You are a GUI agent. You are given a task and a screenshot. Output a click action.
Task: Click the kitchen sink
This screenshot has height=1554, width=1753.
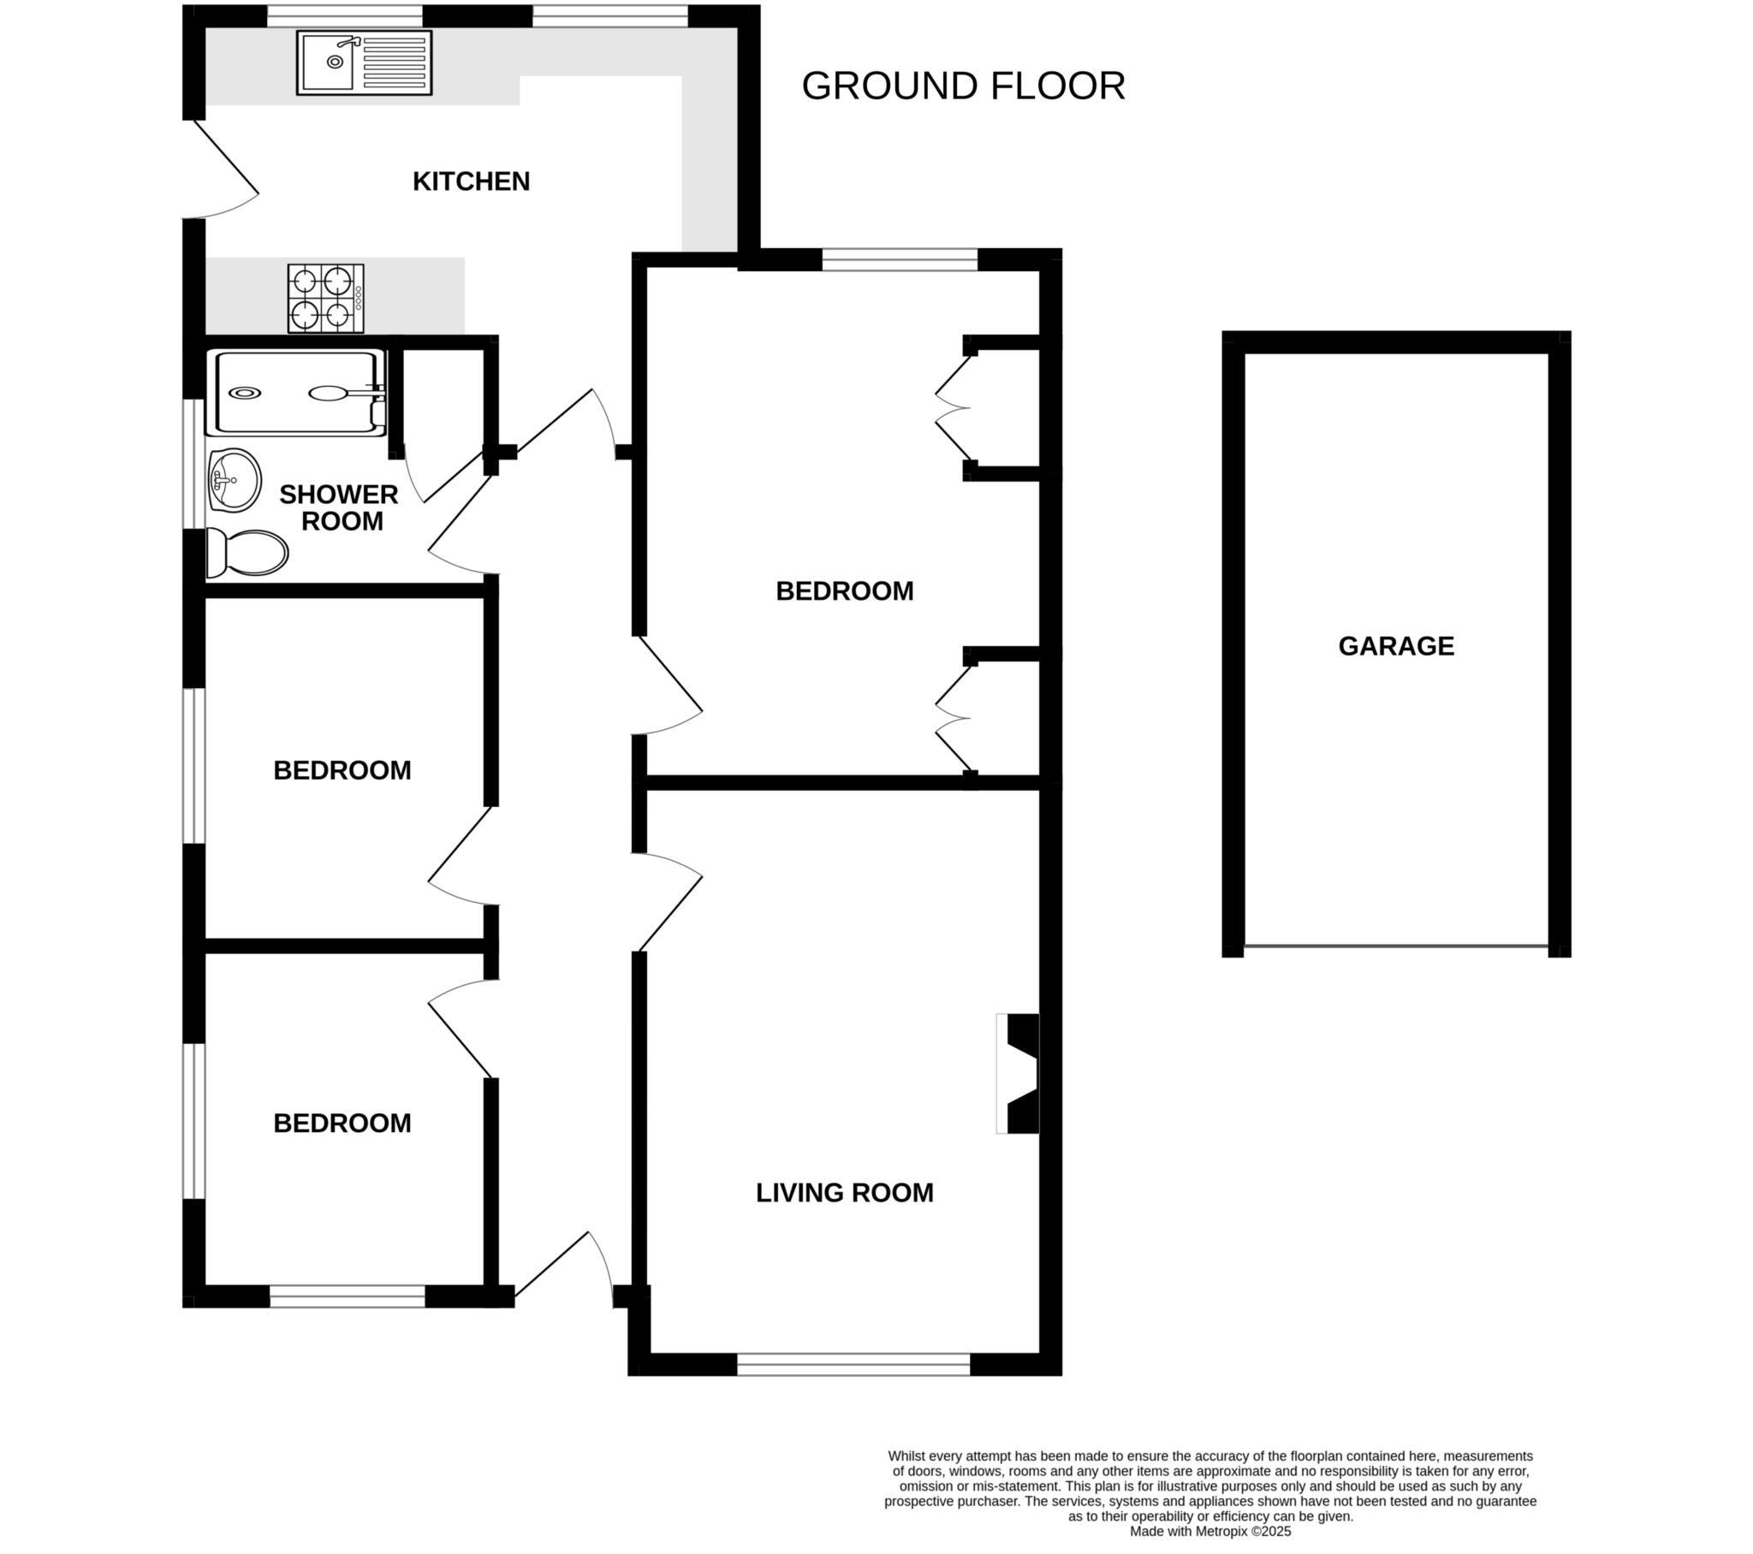(364, 62)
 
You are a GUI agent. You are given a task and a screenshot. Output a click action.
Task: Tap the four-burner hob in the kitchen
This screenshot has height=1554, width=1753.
(325, 299)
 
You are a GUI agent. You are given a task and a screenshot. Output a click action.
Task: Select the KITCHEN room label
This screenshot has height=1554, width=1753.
(471, 181)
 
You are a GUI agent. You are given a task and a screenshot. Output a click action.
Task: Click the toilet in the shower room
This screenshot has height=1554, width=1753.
(248, 553)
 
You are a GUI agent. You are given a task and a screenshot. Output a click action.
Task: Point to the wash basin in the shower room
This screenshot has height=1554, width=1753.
(235, 480)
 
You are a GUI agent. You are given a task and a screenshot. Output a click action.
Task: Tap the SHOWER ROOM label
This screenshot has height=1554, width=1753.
(340, 507)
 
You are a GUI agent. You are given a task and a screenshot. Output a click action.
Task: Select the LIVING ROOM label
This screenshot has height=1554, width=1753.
(844, 1193)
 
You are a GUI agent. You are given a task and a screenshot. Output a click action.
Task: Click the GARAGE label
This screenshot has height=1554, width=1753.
(1395, 646)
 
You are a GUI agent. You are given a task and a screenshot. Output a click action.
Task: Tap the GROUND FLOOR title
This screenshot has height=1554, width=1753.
(962, 86)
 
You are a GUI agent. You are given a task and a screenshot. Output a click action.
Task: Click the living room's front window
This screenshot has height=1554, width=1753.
(853, 1365)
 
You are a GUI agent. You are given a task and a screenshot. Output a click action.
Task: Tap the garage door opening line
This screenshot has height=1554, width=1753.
(1395, 946)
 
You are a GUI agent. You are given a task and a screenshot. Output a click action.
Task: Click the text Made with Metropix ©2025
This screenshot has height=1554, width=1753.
(1209, 1531)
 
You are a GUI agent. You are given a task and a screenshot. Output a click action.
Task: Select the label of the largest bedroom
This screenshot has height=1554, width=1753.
(844, 591)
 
